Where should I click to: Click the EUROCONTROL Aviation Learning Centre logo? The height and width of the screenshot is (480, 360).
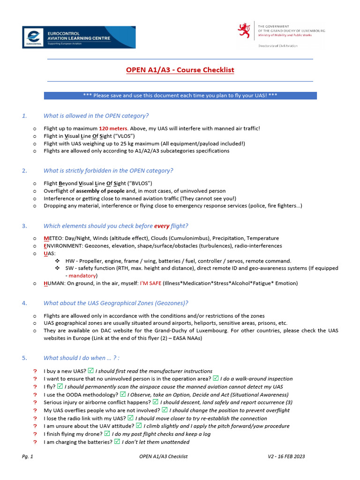[79, 37]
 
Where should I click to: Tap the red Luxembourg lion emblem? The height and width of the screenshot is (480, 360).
[244, 30]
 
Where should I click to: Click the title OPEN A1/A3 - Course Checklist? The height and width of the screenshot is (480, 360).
[180, 70]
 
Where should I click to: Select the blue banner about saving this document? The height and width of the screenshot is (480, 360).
[180, 95]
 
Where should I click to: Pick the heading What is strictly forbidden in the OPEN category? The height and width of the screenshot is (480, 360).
[108, 171]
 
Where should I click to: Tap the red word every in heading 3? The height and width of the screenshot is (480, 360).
[162, 226]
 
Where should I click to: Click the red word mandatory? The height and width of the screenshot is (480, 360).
[82, 276]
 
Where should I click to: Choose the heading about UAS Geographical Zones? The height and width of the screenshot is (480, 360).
[116, 303]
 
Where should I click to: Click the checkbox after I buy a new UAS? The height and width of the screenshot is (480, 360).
[91, 371]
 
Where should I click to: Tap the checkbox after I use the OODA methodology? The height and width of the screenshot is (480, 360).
[123, 395]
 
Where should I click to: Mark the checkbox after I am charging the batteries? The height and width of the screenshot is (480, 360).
[118, 442]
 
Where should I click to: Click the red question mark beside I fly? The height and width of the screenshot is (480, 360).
[35, 387]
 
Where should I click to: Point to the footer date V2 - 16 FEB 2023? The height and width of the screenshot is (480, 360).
[286, 456]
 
